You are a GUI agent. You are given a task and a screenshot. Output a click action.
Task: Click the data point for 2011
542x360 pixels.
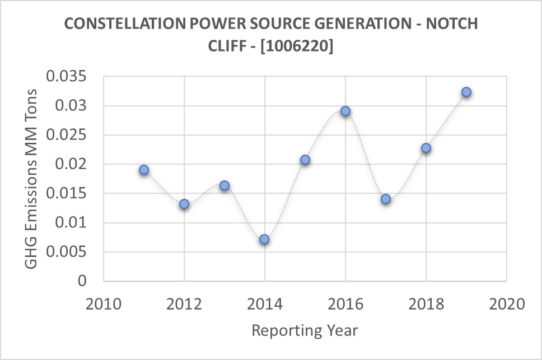144,170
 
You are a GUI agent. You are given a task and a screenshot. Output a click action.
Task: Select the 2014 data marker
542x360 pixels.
264,240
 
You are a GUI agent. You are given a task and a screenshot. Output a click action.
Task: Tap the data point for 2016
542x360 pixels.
345,111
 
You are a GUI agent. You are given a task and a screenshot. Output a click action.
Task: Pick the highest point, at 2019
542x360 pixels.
466,92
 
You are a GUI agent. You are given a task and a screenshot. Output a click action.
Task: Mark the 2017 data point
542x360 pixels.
385,199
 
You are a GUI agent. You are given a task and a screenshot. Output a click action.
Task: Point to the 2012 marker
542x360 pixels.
184,204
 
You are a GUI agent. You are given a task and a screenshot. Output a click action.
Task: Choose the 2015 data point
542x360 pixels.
305,160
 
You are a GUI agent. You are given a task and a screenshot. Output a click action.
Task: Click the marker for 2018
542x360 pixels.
426,148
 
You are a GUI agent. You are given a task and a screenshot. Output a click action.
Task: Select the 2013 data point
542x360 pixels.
225,185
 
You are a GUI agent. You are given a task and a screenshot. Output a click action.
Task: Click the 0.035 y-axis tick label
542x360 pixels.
70,77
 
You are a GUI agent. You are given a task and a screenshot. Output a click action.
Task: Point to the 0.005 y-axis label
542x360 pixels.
70,252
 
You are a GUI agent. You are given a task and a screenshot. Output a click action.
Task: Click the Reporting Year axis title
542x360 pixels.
305,330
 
